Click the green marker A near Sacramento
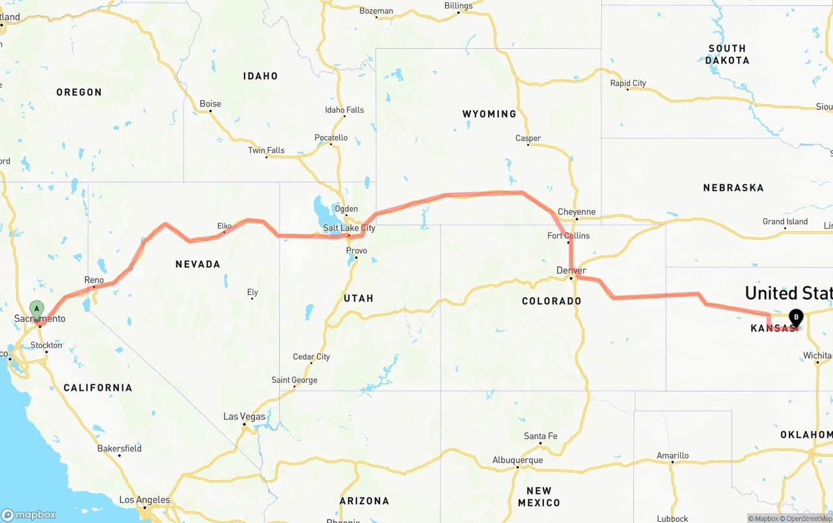(x=37, y=308)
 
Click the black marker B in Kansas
(x=796, y=317)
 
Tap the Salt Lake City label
(x=349, y=229)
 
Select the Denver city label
(x=571, y=270)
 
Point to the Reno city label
(x=94, y=279)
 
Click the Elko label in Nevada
(x=225, y=226)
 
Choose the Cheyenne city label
(x=577, y=212)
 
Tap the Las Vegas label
(x=244, y=416)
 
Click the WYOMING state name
(x=489, y=114)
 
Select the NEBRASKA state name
(x=733, y=188)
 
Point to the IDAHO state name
(x=260, y=76)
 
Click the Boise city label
(x=210, y=104)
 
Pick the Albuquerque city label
(x=517, y=460)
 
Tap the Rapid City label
(x=628, y=83)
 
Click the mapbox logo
(x=29, y=515)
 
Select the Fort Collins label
(x=568, y=235)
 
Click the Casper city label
(x=528, y=138)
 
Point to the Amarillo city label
(x=672, y=455)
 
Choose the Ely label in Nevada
(x=253, y=292)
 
